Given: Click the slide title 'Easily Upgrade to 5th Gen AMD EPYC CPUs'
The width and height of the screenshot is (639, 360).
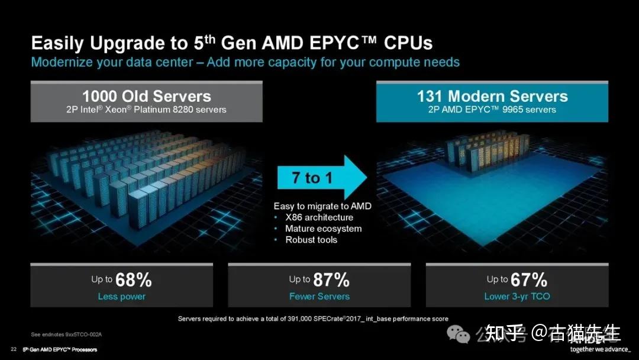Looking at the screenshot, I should (x=231, y=43).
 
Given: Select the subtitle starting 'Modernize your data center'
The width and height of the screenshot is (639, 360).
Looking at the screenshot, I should (x=245, y=62).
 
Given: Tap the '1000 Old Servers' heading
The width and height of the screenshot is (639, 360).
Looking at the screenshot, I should (x=146, y=96).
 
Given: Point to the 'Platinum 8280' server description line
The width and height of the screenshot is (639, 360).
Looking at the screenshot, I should (x=146, y=110).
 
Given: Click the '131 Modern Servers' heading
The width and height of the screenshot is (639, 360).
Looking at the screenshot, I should (x=492, y=96).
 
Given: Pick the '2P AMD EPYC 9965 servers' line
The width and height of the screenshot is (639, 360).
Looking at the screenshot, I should (x=492, y=110).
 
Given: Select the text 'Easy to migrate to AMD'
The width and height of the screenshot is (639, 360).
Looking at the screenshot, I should (x=322, y=206).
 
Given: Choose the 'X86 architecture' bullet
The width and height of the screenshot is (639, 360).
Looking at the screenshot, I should (x=319, y=217).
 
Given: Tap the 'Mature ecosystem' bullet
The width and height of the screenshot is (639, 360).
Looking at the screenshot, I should (x=323, y=229).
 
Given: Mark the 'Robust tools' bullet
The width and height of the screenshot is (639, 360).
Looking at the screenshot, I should (x=311, y=240).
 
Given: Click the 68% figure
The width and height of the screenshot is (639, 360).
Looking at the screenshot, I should (x=133, y=279).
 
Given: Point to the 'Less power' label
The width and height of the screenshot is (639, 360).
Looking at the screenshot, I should (x=121, y=296).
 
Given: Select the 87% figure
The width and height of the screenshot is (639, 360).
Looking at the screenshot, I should (x=331, y=279).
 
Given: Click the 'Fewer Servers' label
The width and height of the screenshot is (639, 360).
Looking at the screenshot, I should (x=319, y=296).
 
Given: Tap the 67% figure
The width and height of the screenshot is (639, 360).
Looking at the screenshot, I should (x=529, y=279).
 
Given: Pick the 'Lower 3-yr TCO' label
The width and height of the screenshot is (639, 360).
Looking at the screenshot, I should (x=517, y=296).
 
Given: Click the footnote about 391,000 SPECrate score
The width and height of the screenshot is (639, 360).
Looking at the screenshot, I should (x=313, y=319).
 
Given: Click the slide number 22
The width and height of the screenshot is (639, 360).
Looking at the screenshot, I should (x=13, y=349).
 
